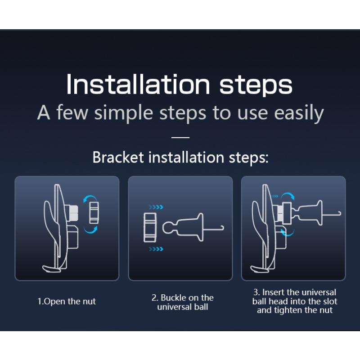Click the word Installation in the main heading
point(138,84)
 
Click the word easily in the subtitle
point(299,112)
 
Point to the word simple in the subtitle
point(124,112)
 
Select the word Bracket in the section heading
point(118,157)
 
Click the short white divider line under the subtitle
point(180,137)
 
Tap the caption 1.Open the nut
point(67,301)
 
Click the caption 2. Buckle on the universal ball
point(183,302)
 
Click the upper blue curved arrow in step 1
point(90,197)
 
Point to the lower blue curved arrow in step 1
point(91,231)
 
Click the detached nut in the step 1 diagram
point(94,212)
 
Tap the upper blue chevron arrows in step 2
point(156,207)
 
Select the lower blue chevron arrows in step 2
point(156,249)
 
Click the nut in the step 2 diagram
point(150,227)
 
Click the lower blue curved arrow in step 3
point(287,233)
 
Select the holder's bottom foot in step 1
point(52,269)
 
